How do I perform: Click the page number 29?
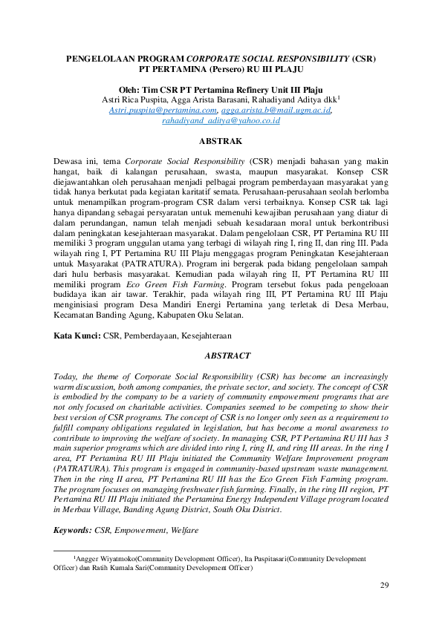[384, 586]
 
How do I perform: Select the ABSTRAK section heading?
[221, 140]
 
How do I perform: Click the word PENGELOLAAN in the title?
[100, 57]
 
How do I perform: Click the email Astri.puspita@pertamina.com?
[157, 109]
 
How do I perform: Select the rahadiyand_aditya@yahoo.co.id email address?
[221, 120]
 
